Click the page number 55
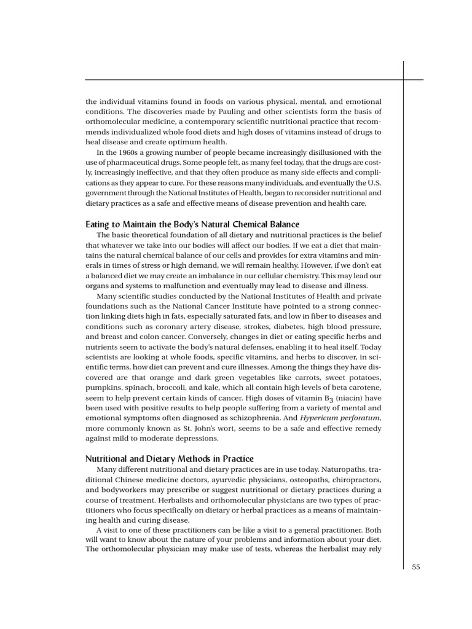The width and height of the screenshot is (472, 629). pyautogui.click(x=415, y=568)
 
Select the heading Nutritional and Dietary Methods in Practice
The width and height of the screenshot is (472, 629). pyautogui.click(x=169, y=459)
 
